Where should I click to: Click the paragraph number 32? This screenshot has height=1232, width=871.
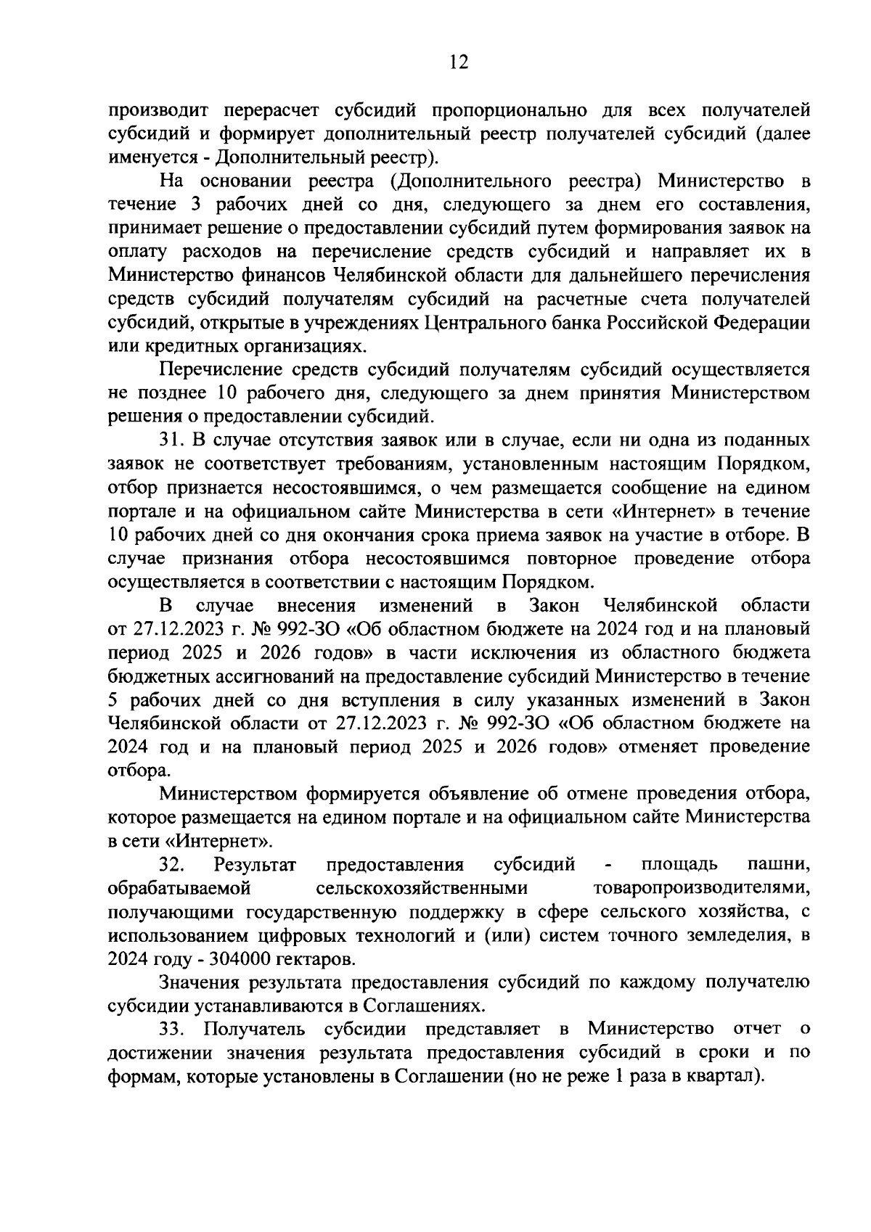pyautogui.click(x=172, y=864)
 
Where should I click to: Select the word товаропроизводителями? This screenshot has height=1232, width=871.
pyautogui.click(x=700, y=887)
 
